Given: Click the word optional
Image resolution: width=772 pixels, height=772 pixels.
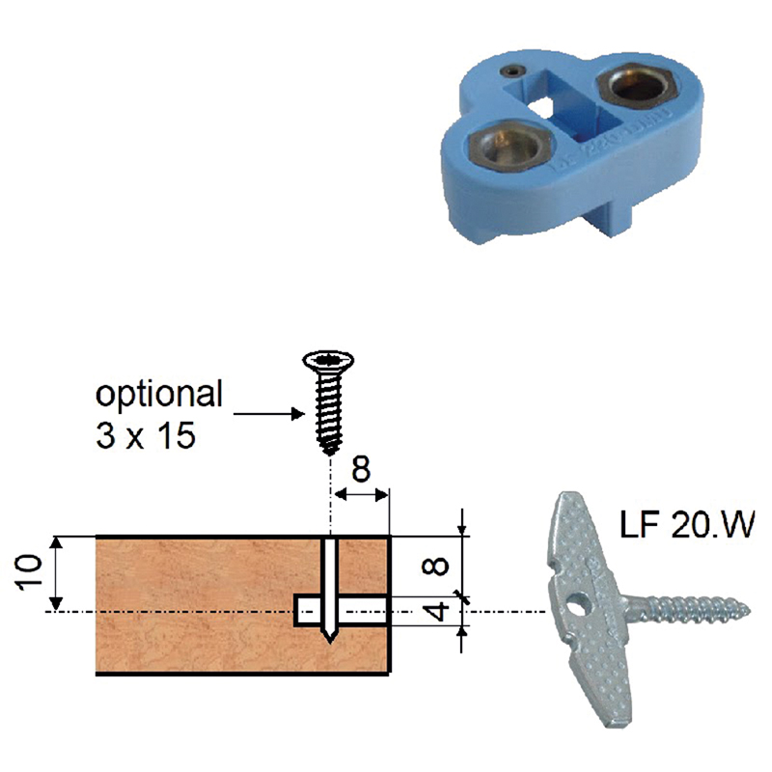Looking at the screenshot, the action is pyautogui.click(x=159, y=395).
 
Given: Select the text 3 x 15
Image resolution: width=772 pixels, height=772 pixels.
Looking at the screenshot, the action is pyautogui.click(x=146, y=435).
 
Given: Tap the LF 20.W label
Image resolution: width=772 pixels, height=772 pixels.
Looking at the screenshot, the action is pyautogui.click(x=687, y=525).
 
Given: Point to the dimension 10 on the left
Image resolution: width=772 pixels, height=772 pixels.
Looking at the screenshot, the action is pyautogui.click(x=30, y=572).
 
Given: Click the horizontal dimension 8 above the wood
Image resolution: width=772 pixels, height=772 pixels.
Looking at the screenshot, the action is pyautogui.click(x=361, y=469).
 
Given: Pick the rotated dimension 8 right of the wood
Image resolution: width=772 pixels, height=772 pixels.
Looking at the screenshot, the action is pyautogui.click(x=436, y=566).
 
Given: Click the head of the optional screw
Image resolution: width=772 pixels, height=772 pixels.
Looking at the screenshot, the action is pyautogui.click(x=328, y=361).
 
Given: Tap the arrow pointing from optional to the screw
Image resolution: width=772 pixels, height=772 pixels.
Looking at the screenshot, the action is pyautogui.click(x=269, y=414).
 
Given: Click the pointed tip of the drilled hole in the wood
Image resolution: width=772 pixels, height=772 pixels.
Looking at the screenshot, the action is pyautogui.click(x=329, y=641).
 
